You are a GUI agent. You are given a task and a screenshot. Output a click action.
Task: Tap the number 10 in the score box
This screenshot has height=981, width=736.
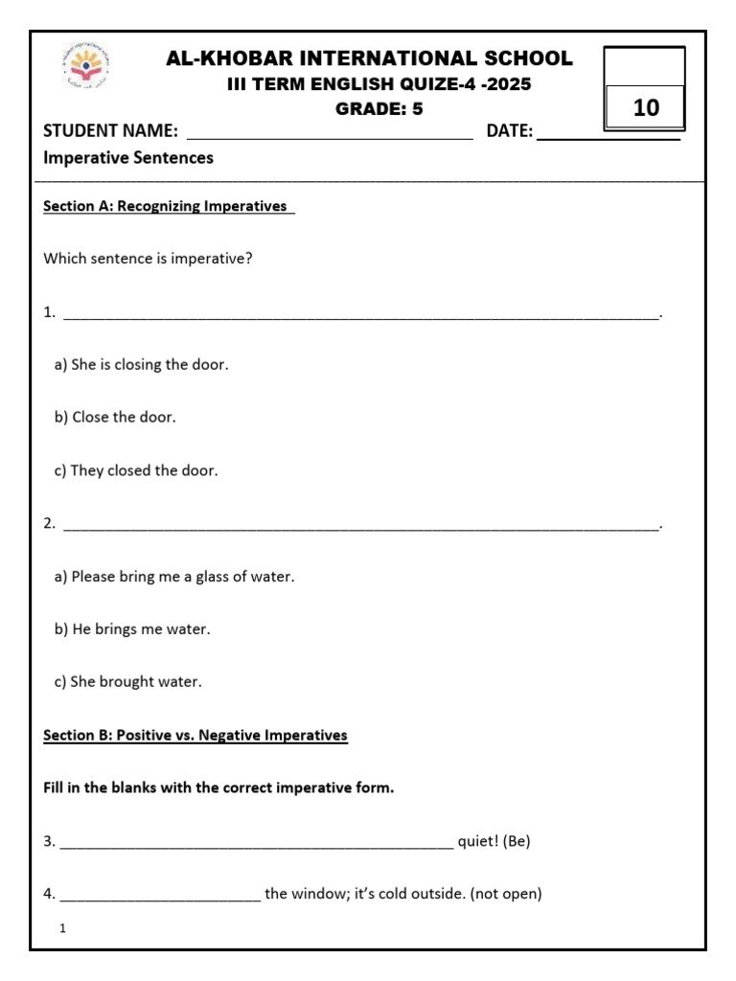(646, 108)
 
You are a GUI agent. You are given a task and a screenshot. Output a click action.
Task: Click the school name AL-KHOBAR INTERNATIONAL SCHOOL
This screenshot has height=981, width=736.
(369, 58)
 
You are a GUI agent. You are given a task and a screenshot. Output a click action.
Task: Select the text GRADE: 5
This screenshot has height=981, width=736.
(379, 108)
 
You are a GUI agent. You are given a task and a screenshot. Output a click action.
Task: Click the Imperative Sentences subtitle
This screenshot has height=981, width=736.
(128, 158)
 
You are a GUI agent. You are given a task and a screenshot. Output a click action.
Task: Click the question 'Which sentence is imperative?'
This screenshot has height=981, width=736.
(149, 259)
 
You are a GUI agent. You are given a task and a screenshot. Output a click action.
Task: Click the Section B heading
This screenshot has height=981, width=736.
(195, 736)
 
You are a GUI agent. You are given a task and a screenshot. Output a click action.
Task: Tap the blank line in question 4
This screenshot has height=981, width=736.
(160, 899)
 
